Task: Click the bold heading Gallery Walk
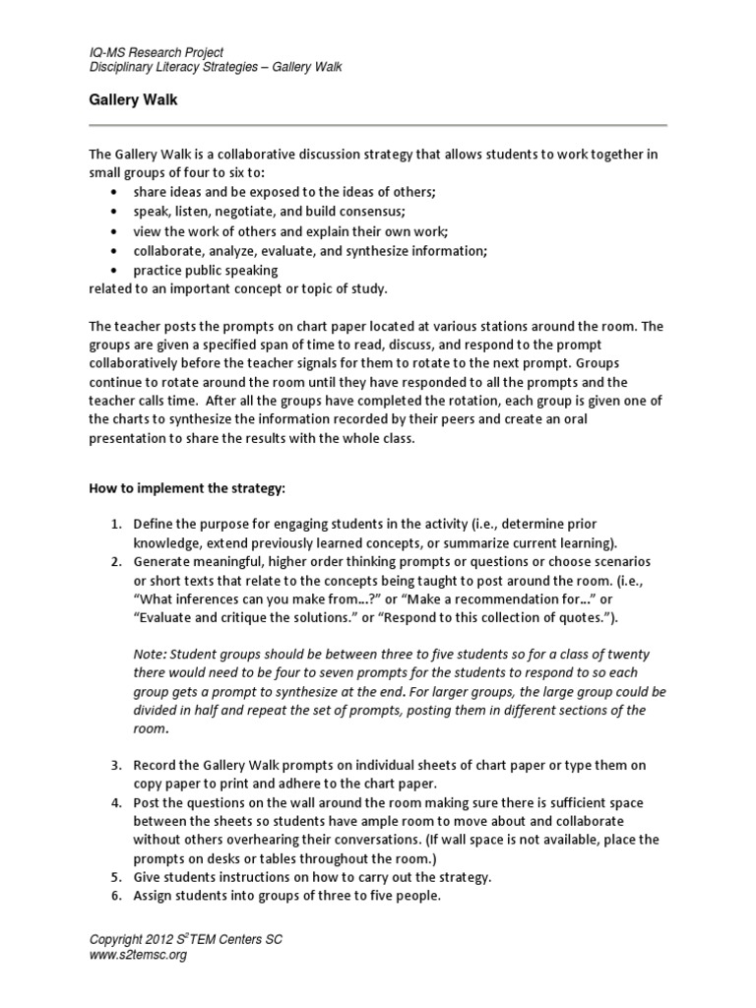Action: click(x=133, y=99)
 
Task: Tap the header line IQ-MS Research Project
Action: click(x=156, y=52)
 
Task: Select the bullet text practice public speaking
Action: click(x=206, y=270)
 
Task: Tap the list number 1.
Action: click(x=114, y=524)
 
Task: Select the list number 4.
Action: click(x=114, y=801)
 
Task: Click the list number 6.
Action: click(x=114, y=896)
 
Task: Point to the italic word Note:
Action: click(x=150, y=654)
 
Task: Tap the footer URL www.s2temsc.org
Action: click(x=138, y=955)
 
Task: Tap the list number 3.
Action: click(x=114, y=765)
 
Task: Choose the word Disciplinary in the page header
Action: click(x=123, y=67)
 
